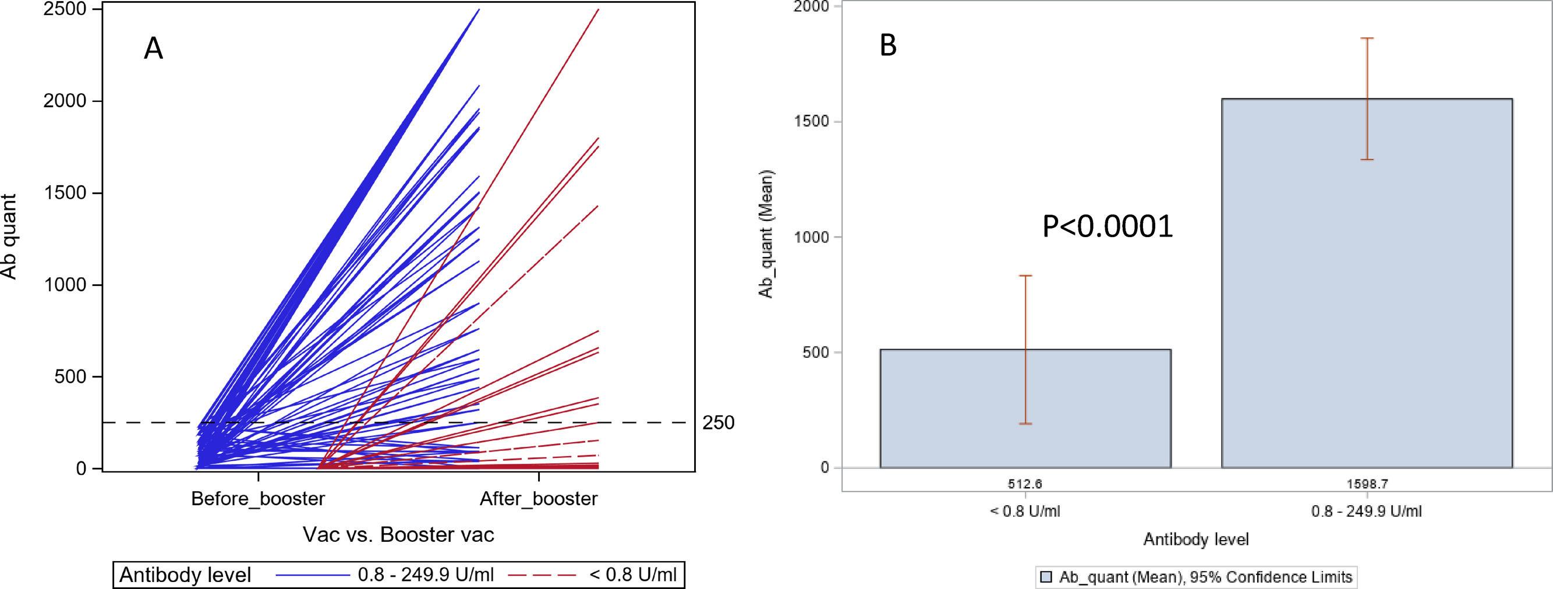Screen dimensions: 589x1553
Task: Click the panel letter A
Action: (x=153, y=49)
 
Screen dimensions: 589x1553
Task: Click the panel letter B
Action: (x=888, y=46)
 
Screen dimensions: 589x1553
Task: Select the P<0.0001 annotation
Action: (x=1108, y=227)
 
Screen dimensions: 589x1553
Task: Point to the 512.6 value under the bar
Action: (x=1025, y=484)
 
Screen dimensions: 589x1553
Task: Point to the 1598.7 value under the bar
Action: (x=1366, y=484)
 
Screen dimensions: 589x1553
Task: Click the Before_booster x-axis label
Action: (x=258, y=499)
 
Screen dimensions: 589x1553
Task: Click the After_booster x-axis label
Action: (x=539, y=499)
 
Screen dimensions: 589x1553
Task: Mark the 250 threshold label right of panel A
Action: (x=718, y=423)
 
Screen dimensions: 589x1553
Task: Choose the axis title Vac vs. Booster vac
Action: (x=398, y=535)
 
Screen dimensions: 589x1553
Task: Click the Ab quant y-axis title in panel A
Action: (x=8, y=237)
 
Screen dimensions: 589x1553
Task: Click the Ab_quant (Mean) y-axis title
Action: (x=766, y=234)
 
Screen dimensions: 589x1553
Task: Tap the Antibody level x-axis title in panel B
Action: (x=1195, y=539)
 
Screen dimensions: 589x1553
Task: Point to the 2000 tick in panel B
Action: (x=814, y=6)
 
